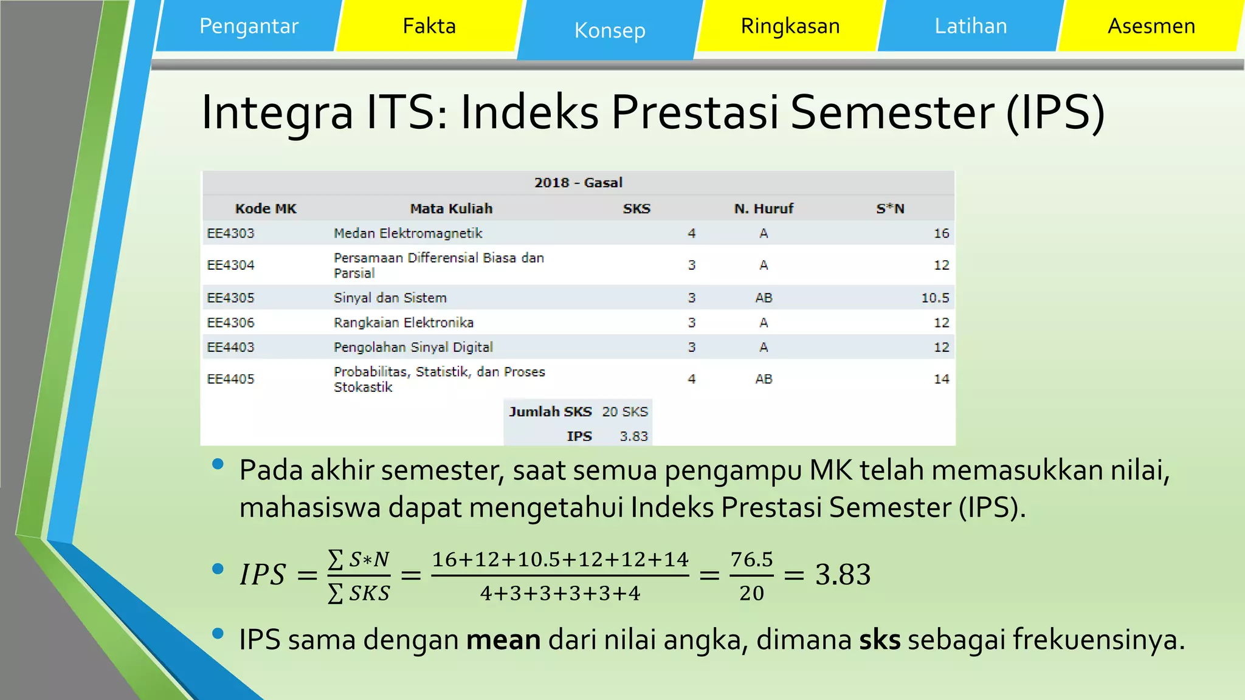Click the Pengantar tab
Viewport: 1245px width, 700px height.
(249, 26)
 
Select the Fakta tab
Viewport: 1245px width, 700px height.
(429, 26)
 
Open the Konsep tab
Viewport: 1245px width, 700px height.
(610, 30)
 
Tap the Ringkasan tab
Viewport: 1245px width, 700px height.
(790, 26)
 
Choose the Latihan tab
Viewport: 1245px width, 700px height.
(971, 26)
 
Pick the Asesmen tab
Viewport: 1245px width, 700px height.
(1151, 26)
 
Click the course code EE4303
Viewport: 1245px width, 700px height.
(230, 233)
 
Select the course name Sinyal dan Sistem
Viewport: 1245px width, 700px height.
(390, 298)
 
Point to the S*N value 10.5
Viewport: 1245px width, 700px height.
(935, 298)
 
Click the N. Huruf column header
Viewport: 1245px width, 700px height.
(764, 209)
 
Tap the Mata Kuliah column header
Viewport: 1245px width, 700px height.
(451, 209)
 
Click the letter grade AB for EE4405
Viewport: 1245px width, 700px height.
(764, 379)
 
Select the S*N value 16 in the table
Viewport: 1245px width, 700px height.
(941, 233)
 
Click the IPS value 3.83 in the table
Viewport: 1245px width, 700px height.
(633, 436)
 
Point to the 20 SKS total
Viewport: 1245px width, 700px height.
(625, 412)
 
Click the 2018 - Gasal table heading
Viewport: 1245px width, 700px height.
(578, 183)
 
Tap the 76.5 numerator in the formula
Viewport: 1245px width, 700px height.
(752, 559)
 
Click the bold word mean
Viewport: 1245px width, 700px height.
(503, 640)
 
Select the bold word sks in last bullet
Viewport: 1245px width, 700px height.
(880, 640)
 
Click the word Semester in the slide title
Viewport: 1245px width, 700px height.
(892, 112)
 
